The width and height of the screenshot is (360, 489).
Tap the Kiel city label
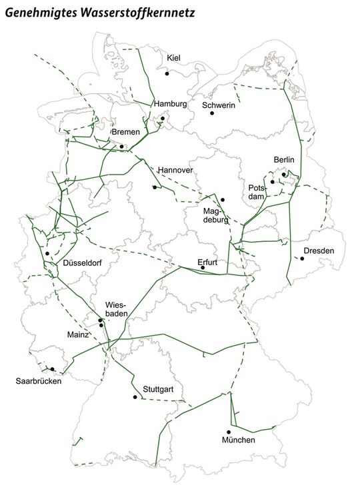(174, 57)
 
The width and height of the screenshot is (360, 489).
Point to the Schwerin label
(219, 105)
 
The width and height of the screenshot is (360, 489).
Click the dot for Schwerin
(212, 113)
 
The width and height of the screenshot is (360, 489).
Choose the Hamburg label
(170, 105)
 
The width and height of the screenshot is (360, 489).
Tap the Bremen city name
(125, 132)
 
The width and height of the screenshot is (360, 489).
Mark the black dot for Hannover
(155, 187)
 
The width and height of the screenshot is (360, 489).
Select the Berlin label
(283, 160)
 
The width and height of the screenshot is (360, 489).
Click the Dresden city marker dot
(301, 258)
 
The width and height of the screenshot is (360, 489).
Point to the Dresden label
(318, 250)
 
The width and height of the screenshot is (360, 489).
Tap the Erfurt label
(208, 262)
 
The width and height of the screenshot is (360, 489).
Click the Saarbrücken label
(39, 381)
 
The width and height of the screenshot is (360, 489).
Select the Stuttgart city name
(158, 388)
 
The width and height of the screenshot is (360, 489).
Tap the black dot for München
(229, 432)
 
